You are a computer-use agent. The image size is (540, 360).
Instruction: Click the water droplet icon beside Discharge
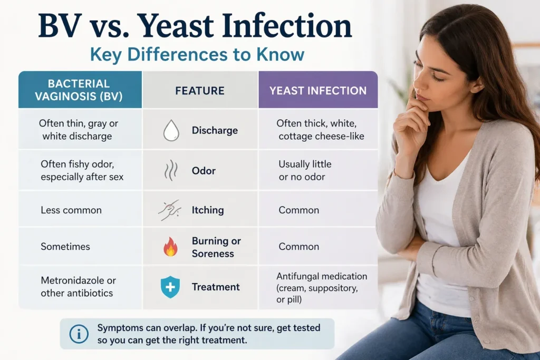(171, 130)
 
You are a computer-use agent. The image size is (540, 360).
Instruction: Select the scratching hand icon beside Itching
(170, 210)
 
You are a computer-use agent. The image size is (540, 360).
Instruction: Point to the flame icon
(170, 247)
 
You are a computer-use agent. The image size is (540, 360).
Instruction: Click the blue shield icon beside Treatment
(170, 287)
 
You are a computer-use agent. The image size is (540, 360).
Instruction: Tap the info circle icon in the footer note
(79, 334)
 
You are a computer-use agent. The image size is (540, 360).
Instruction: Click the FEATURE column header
(200, 91)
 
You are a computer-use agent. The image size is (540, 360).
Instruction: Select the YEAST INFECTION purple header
(318, 91)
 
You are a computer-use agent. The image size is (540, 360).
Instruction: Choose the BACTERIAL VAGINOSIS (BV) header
(79, 90)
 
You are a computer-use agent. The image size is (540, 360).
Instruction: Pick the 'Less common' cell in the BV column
(71, 210)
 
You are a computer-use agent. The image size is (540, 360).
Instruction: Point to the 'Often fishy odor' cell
(82, 171)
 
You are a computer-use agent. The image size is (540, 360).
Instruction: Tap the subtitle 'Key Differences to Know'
(197, 55)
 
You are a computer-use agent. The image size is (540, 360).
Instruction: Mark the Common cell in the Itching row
(299, 210)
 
